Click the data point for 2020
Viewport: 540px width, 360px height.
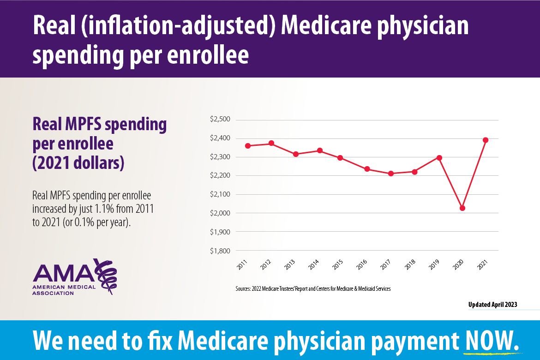pyautogui.click(x=462, y=208)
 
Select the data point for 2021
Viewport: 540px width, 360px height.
pyautogui.click(x=486, y=140)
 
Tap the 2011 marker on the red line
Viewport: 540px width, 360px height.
pyautogui.click(x=248, y=146)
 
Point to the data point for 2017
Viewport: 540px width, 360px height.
pyautogui.click(x=391, y=174)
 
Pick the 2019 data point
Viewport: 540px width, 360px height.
pyautogui.click(x=439, y=158)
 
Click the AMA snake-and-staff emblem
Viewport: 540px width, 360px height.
pyautogui.click(x=107, y=276)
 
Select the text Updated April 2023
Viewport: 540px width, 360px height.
pyautogui.click(x=492, y=305)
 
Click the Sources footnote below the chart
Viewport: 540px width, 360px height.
pyautogui.click(x=313, y=289)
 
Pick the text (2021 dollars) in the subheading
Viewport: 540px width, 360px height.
pyautogui.click(x=78, y=164)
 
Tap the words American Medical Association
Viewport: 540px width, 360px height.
pyautogui.click(x=64, y=290)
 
